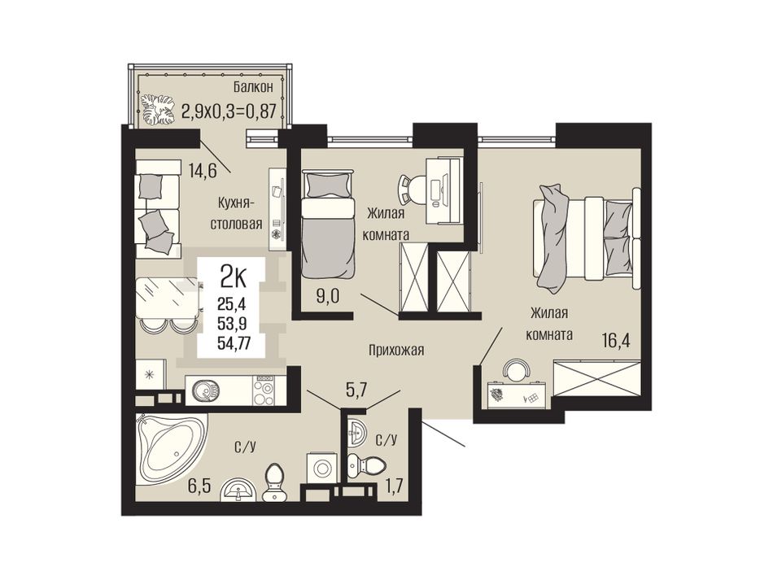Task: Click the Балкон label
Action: coord(253,88)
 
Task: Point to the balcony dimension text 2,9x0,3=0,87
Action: coord(229,111)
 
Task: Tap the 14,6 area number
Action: coord(202,170)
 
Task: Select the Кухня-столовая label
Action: coord(236,213)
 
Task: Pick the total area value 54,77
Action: coord(234,342)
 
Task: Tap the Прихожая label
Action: coord(396,351)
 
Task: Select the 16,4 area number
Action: coord(616,340)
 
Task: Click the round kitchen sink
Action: coord(206,390)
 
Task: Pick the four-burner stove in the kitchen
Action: coord(264,390)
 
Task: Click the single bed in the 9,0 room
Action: coord(329,224)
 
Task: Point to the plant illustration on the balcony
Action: coord(158,109)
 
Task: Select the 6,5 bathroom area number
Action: coord(199,487)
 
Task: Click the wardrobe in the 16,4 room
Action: coord(596,378)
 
